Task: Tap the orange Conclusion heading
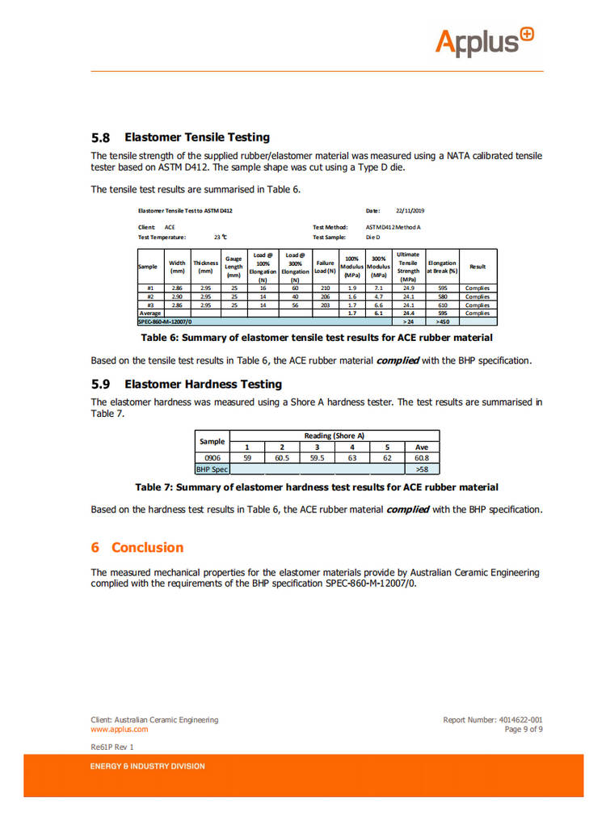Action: [x=147, y=547]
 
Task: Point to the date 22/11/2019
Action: [x=410, y=211]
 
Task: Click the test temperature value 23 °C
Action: [x=220, y=238]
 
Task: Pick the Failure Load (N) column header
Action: [x=325, y=267]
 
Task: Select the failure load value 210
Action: [x=325, y=288]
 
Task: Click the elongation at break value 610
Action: [x=442, y=305]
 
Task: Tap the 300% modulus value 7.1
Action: [x=378, y=288]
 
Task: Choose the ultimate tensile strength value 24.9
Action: [x=408, y=288]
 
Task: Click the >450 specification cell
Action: [x=442, y=322]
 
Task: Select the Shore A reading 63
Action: [x=351, y=457]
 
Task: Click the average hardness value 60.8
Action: [x=421, y=457]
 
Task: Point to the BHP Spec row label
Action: [x=213, y=468]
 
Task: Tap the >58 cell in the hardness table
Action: [x=421, y=468]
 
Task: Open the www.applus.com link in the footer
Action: [x=120, y=729]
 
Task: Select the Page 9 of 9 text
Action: [x=524, y=729]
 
